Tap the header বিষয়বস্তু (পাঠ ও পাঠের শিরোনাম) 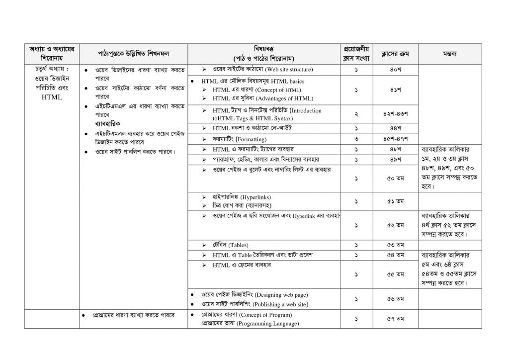(x=263, y=53)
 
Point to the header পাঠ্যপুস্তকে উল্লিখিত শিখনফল (x=133, y=53)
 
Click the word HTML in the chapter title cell (x=52, y=97)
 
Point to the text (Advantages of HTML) (x=284, y=98)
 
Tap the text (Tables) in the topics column (x=239, y=245)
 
